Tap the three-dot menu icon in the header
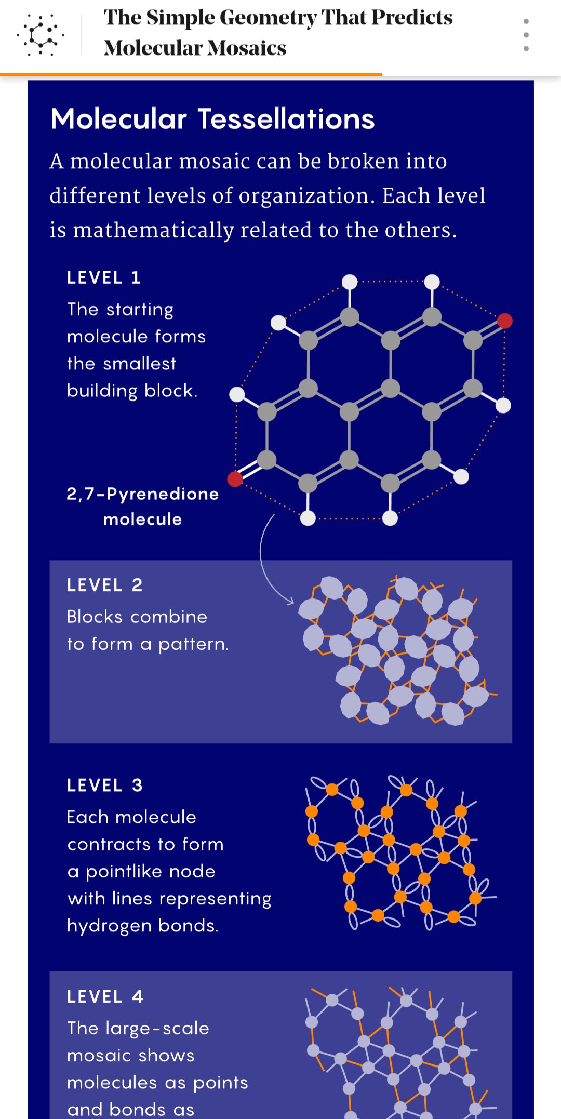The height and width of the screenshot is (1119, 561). pyautogui.click(x=526, y=35)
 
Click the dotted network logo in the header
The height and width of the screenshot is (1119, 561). pyautogui.click(x=40, y=35)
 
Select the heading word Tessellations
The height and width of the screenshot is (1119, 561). pyautogui.click(x=286, y=119)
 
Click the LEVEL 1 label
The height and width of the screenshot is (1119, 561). pyautogui.click(x=104, y=278)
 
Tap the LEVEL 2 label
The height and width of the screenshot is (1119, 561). pyautogui.click(x=104, y=585)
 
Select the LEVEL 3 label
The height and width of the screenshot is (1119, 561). pyautogui.click(x=104, y=785)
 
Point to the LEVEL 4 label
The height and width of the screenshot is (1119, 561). pyautogui.click(x=104, y=996)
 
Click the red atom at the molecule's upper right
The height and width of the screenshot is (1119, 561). pyautogui.click(x=504, y=321)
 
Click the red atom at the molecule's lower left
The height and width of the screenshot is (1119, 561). pyautogui.click(x=235, y=479)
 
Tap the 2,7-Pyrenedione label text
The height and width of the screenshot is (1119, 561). pyautogui.click(x=143, y=494)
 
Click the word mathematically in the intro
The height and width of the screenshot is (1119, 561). pyautogui.click(x=153, y=231)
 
